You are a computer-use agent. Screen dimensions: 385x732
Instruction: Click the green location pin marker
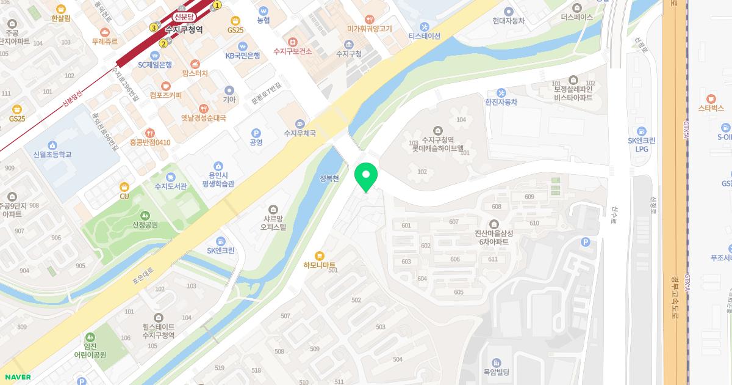point(366,177)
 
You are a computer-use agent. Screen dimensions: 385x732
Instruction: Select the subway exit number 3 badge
point(154,28)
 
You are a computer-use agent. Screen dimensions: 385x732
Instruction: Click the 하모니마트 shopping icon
point(318,256)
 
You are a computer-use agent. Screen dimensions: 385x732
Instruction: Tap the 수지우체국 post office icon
point(299,123)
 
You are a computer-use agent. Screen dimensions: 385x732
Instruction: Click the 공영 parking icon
point(256,133)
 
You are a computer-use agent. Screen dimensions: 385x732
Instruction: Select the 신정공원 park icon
point(145,215)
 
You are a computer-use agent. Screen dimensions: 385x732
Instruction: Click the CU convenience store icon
point(124,186)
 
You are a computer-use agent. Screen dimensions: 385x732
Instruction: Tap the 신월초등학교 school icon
point(52,145)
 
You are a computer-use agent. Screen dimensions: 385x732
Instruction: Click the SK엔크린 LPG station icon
point(641,131)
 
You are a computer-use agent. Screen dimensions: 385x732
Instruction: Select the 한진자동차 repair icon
point(501,93)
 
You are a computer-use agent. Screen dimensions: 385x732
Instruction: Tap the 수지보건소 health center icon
point(293,42)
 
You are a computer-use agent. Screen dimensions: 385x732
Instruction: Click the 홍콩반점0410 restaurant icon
point(149,133)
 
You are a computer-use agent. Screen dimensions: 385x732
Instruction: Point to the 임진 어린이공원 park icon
point(90,337)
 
